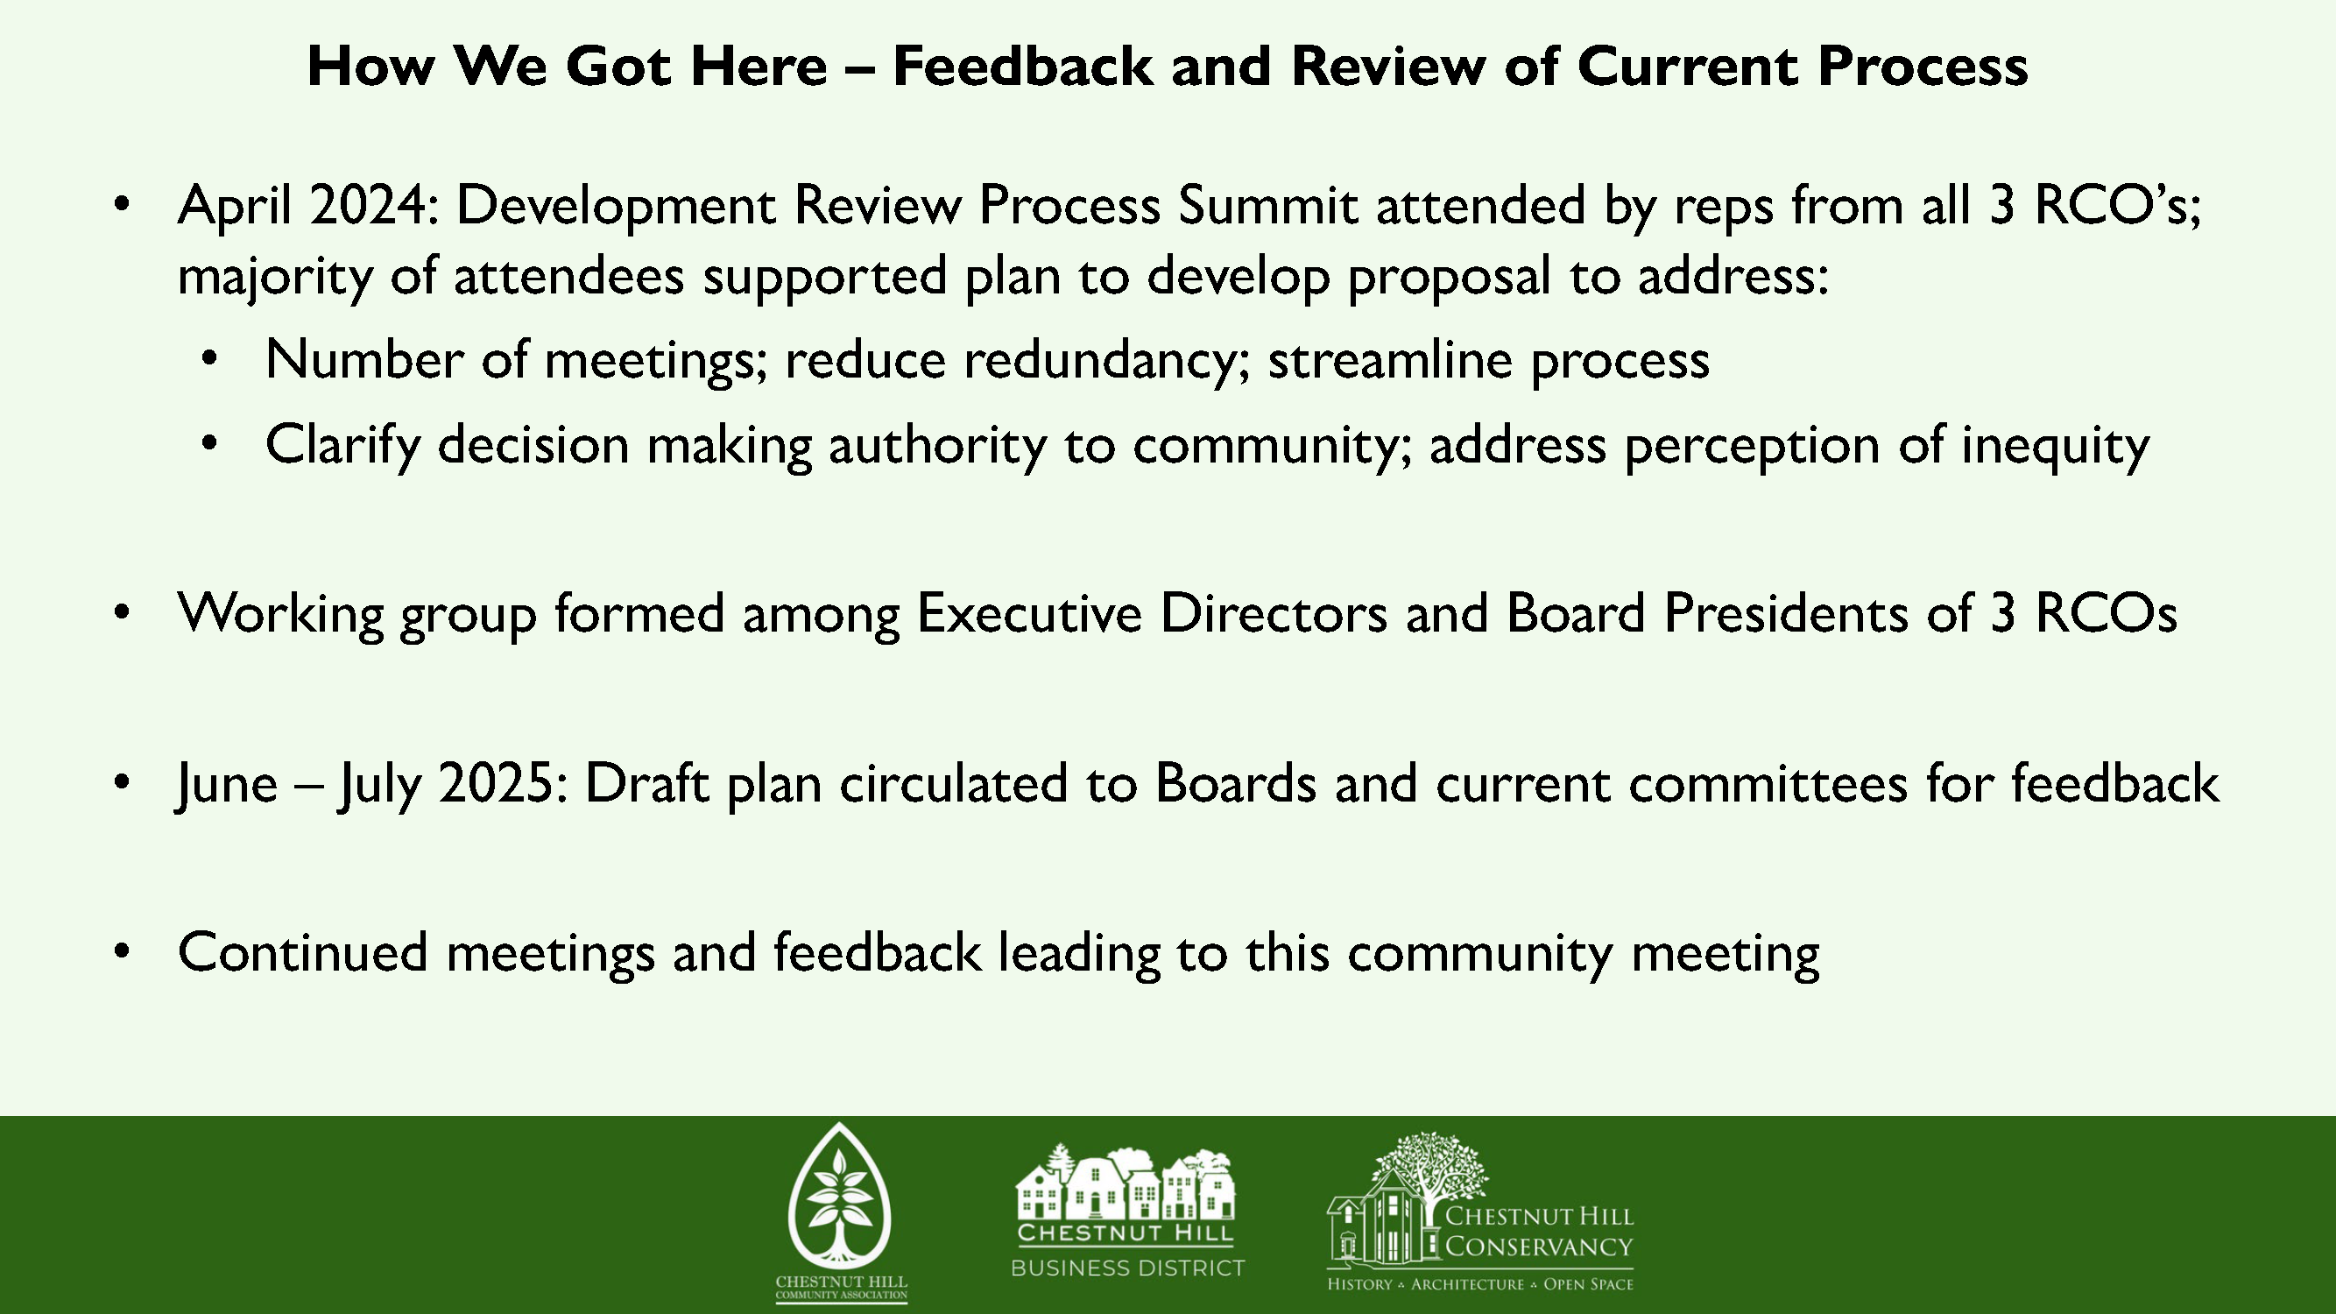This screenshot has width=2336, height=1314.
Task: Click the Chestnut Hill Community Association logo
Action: pyautogui.click(x=841, y=1212)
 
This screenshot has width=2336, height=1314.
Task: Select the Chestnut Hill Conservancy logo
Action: pyautogui.click(x=1480, y=1212)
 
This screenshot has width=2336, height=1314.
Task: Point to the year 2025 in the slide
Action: pyautogui.click(x=504, y=783)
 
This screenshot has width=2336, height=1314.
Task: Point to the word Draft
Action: pyautogui.click(x=646, y=783)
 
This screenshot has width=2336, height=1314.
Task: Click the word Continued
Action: pyautogui.click(x=303, y=953)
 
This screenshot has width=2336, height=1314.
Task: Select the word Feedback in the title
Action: pyautogui.click(x=1022, y=67)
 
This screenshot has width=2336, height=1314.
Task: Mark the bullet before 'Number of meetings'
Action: pyautogui.click(x=209, y=359)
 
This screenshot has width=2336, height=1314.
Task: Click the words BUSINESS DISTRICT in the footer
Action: pyautogui.click(x=1128, y=1268)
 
